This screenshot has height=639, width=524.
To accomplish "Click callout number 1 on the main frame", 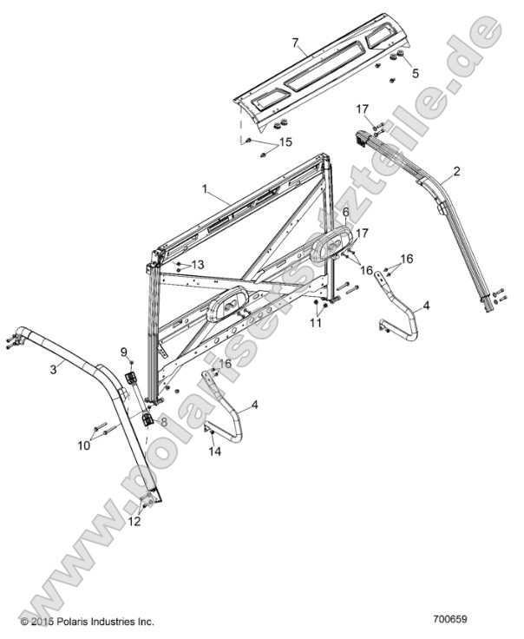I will pyautogui.click(x=205, y=188).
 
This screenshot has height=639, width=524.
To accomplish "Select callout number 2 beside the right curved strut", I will pyautogui.click(x=455, y=170).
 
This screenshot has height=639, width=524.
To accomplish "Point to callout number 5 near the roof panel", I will pyautogui.click(x=414, y=74).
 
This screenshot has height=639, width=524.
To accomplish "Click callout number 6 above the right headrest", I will pyautogui.click(x=345, y=212).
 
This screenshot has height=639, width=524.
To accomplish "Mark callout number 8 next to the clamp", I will pyautogui.click(x=164, y=420).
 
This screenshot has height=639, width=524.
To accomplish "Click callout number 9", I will pyautogui.click(x=124, y=352).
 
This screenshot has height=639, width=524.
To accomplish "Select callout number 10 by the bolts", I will pyautogui.click(x=83, y=445).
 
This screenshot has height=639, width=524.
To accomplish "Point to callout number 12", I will pyautogui.click(x=133, y=521).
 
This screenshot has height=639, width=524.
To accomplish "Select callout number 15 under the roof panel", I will pyautogui.click(x=284, y=142).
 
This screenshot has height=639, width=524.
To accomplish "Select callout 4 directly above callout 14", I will pyautogui.click(x=254, y=405).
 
